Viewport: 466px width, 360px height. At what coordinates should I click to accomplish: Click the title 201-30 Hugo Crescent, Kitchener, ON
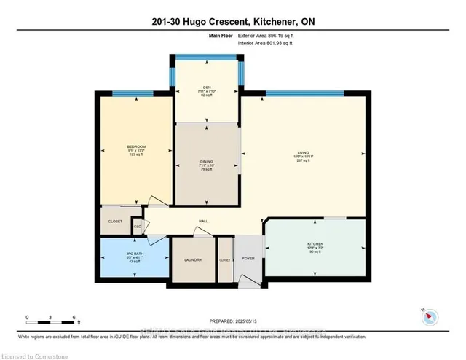click(x=233, y=20)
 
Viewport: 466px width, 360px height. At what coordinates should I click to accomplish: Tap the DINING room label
click(x=207, y=162)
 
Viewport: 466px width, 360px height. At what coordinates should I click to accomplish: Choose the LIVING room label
click(x=302, y=154)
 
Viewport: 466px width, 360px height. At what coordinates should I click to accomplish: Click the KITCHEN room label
click(x=315, y=243)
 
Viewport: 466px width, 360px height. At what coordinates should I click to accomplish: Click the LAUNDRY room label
click(x=193, y=259)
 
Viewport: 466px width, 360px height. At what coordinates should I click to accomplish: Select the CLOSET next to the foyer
click(x=224, y=259)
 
